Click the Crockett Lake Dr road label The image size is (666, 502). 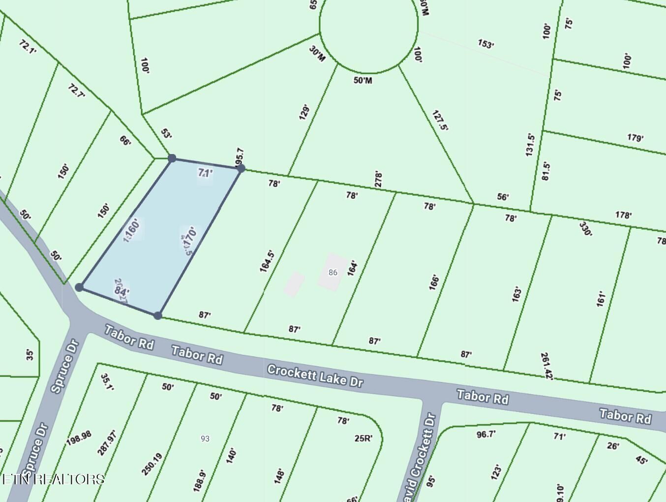315,376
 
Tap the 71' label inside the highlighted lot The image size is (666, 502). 205,173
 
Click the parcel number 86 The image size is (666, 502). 333,272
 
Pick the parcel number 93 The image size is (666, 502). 205,438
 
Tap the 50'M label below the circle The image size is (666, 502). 363,80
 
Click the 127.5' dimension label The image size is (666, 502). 440,120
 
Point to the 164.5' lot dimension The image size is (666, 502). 267,261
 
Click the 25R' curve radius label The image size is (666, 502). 363,438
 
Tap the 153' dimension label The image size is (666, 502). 485,44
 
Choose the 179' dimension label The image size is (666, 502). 635,138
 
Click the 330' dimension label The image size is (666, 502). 585,229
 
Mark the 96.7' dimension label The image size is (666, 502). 486,434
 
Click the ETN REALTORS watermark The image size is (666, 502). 53,479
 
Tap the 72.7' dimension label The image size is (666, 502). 76,91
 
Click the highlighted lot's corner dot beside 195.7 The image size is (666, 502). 241,168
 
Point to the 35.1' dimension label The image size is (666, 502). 107,382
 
